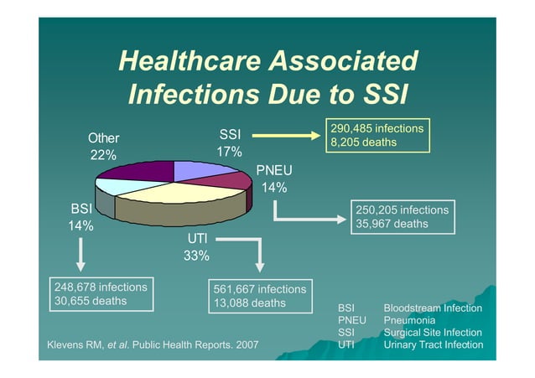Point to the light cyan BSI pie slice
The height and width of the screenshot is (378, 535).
pyautogui.click(x=115, y=185)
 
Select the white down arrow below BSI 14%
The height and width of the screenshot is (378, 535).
pyautogui.click(x=81, y=255)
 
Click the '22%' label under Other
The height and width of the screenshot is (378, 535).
pyautogui.click(x=103, y=155)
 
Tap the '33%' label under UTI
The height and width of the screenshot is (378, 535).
pyautogui.click(x=196, y=256)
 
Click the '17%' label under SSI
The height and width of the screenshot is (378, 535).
pyautogui.click(x=229, y=152)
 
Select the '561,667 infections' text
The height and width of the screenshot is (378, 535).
pyautogui.click(x=260, y=289)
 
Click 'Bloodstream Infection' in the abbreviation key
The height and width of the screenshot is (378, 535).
pyautogui.click(x=433, y=308)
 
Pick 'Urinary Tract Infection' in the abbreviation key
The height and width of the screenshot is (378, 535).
pyautogui.click(x=433, y=344)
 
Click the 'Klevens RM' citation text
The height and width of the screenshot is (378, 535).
pyautogui.click(x=75, y=344)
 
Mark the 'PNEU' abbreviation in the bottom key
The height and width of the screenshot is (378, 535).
pyautogui.click(x=352, y=320)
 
